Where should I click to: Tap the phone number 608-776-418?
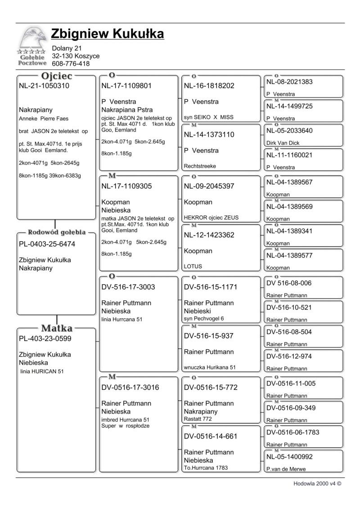click(71, 64)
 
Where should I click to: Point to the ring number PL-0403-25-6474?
click(47, 244)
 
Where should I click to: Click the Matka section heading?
click(57, 328)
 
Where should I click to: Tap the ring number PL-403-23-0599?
click(45, 339)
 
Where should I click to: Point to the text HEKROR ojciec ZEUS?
click(211, 218)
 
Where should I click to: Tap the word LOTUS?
click(193, 266)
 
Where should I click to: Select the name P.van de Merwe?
click(286, 469)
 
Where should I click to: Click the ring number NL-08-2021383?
click(289, 82)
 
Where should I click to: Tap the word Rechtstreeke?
click(200, 166)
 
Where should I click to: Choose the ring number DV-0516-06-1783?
click(293, 432)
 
